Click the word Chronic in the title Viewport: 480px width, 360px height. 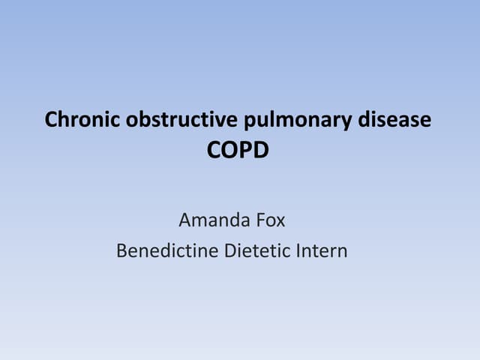76,120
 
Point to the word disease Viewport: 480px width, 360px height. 395,120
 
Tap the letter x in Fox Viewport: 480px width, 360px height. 283,222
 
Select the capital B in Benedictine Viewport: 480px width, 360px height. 121,250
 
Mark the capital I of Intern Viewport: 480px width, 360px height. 302,250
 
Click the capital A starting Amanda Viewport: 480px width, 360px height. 184,220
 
